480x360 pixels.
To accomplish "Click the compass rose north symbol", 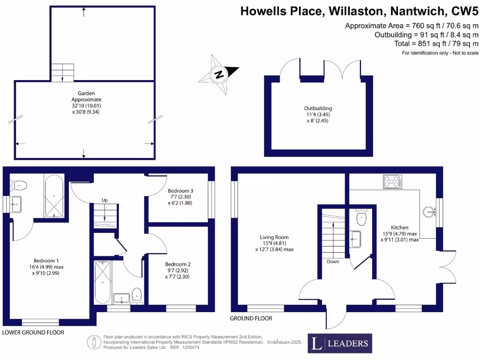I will [x=218, y=74].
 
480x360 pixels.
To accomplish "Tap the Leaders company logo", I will [x=340, y=344].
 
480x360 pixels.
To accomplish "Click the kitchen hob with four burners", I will [x=393, y=181].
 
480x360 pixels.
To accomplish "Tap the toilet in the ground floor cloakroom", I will [x=361, y=217].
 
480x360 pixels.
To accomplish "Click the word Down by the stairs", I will [x=333, y=262].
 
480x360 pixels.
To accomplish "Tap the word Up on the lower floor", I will [x=105, y=200].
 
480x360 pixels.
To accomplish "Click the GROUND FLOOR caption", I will [x=251, y=318].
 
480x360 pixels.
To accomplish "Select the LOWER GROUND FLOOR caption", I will [x=33, y=332].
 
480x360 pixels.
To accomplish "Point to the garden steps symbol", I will [x=63, y=73].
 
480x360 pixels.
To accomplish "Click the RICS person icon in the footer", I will [x=95, y=343].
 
